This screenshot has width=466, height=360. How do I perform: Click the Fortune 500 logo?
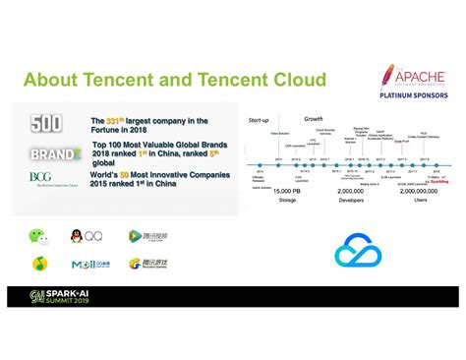tap(46, 124)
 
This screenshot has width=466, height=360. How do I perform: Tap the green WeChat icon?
tap(36, 236)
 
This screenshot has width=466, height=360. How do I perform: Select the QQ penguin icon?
tap(77, 236)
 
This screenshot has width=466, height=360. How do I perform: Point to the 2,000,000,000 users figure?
tap(421, 190)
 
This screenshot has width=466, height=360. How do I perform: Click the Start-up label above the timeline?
tap(258, 121)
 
